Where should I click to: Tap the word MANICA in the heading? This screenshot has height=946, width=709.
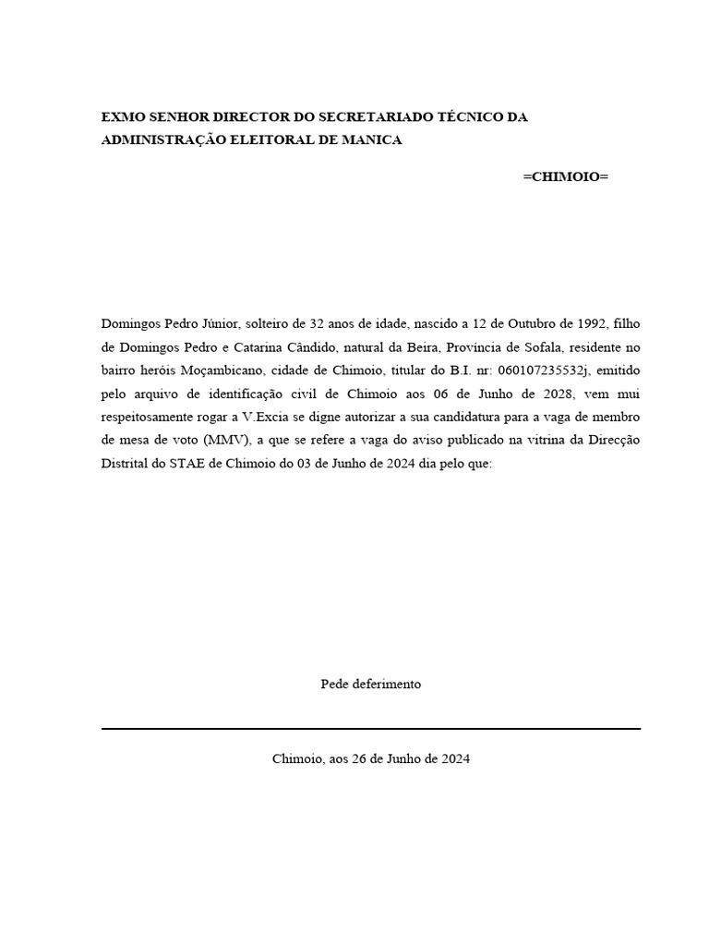(369, 139)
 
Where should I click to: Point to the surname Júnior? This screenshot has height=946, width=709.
(220, 324)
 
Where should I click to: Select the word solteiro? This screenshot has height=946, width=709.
(270, 324)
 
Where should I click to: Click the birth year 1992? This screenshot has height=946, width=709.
(591, 324)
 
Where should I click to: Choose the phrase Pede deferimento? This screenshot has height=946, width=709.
(370, 685)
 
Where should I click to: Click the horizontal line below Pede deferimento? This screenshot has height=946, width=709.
(370, 729)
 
